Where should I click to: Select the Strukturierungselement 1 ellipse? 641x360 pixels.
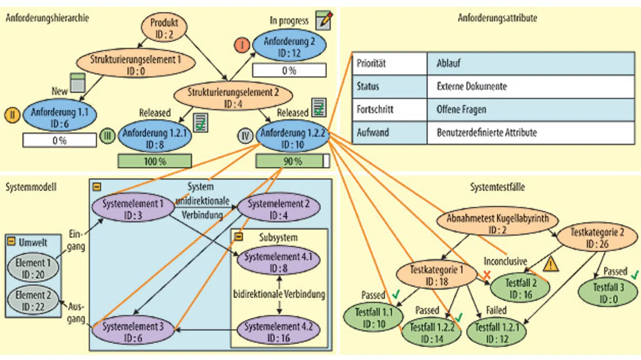pyautogui.click(x=136, y=65)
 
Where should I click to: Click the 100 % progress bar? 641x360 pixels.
pyautogui.click(x=155, y=161)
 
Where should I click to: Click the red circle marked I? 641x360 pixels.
pyautogui.click(x=242, y=45)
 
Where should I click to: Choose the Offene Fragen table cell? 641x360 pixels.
pyautogui.click(x=530, y=110)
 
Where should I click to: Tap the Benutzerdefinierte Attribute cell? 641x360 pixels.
pyautogui.click(x=530, y=133)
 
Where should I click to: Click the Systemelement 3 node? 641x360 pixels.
pyautogui.click(x=133, y=331)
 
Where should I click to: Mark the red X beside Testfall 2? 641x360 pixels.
pyautogui.click(x=486, y=274)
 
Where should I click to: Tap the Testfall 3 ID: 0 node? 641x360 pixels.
pyautogui.click(x=608, y=292)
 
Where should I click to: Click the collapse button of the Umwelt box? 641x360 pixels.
pyautogui.click(x=12, y=241)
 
